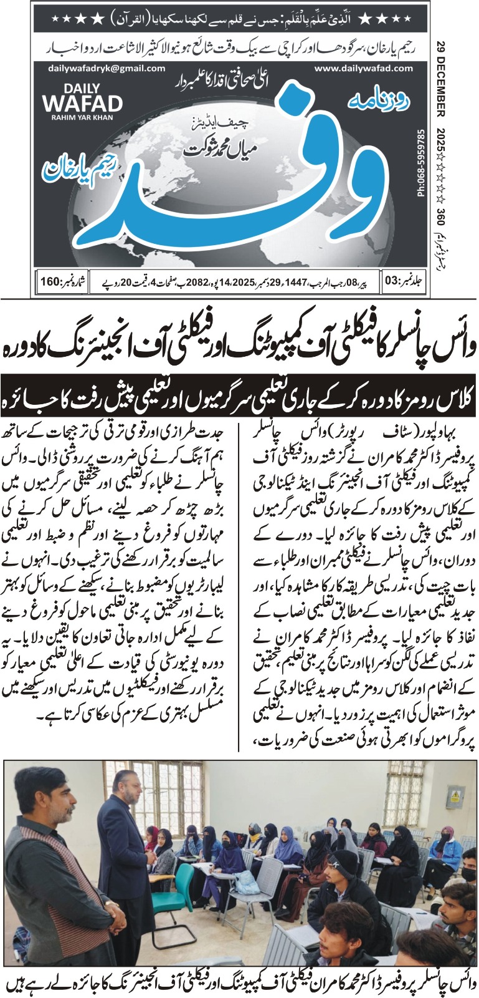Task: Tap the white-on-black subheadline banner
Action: [x=239, y=395]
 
